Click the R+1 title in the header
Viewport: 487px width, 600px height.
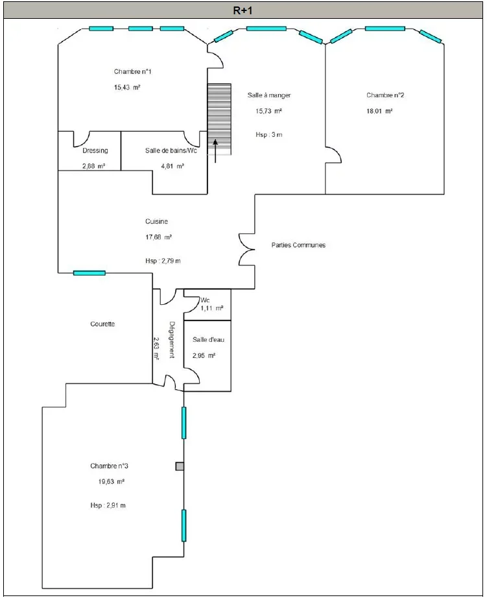point(243,11)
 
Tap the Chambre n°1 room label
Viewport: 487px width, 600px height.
point(133,71)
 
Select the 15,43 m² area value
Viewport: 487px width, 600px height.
point(127,88)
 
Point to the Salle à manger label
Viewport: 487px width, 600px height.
point(269,95)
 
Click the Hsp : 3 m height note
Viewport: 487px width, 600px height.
point(269,135)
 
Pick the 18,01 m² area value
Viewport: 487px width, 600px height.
point(379,111)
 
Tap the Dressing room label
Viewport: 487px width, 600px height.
point(95,150)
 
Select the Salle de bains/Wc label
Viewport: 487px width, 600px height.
point(171,150)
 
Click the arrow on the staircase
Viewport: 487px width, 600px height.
point(215,151)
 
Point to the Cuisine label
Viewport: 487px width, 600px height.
point(156,221)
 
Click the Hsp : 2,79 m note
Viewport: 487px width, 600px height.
point(163,261)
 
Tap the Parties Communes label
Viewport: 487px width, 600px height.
point(298,245)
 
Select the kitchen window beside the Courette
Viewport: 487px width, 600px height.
point(89,273)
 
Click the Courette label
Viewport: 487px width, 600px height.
point(102,324)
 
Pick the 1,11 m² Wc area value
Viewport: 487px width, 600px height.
point(212,308)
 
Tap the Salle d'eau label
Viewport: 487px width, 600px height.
point(209,339)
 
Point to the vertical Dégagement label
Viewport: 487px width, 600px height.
point(172,340)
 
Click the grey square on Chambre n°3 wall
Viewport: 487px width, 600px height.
point(180,466)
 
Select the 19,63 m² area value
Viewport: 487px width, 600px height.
point(112,482)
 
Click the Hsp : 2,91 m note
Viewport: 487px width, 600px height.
point(108,505)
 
